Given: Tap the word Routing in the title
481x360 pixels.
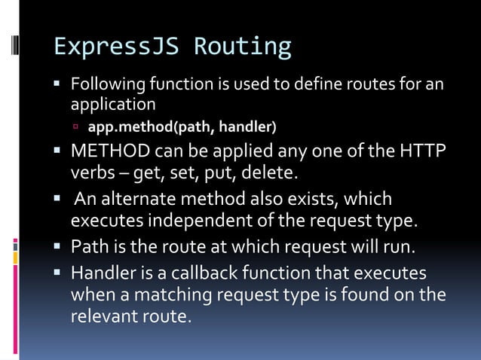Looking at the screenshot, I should click(x=243, y=46).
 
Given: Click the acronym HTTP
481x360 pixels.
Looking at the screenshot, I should click(x=422, y=154).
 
